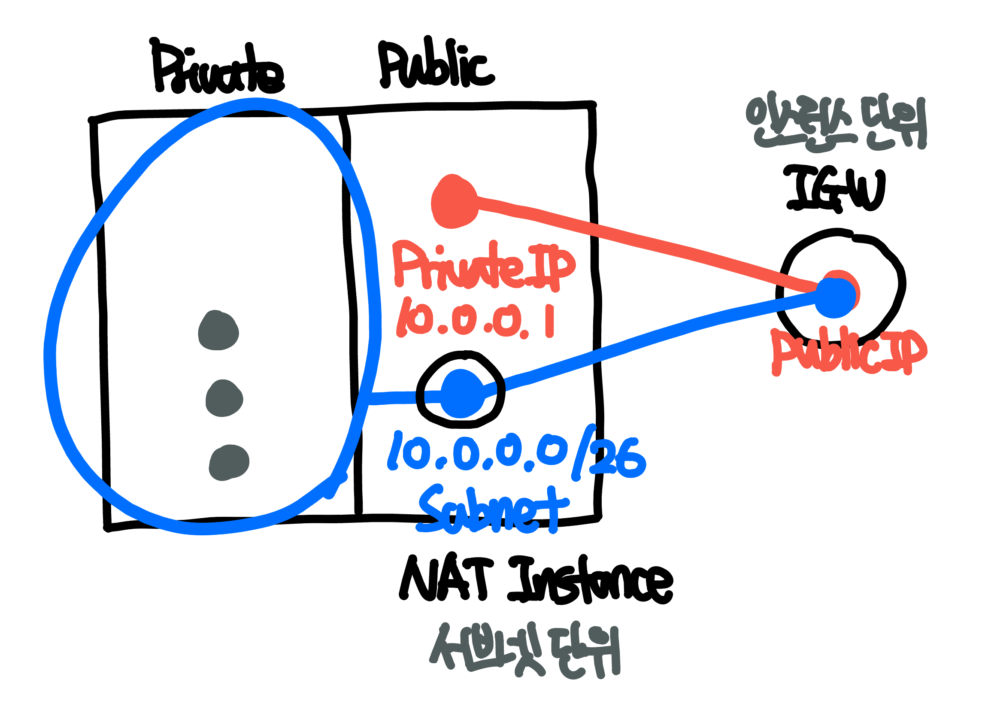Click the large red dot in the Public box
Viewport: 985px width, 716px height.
coord(454,202)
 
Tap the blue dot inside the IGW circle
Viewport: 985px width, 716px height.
coord(835,297)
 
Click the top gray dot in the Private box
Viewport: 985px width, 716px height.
coord(218,331)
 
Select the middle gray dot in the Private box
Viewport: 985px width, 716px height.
coord(224,399)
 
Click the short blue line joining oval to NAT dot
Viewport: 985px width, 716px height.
coord(404,397)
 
